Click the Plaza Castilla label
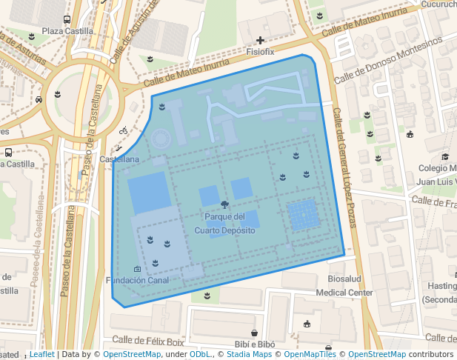click(x=67, y=31)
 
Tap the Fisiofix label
click(x=260, y=53)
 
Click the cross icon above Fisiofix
click(x=260, y=40)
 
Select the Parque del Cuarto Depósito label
click(x=224, y=224)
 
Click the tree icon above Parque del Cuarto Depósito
click(x=224, y=203)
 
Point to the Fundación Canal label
click(x=138, y=280)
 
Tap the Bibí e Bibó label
click(x=254, y=344)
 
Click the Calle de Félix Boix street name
click(x=148, y=341)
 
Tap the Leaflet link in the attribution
click(x=41, y=355)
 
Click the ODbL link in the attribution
click(x=200, y=355)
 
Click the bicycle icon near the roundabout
click(x=124, y=130)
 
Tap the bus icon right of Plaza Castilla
click(x=67, y=20)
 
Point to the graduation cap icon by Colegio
click(x=445, y=156)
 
